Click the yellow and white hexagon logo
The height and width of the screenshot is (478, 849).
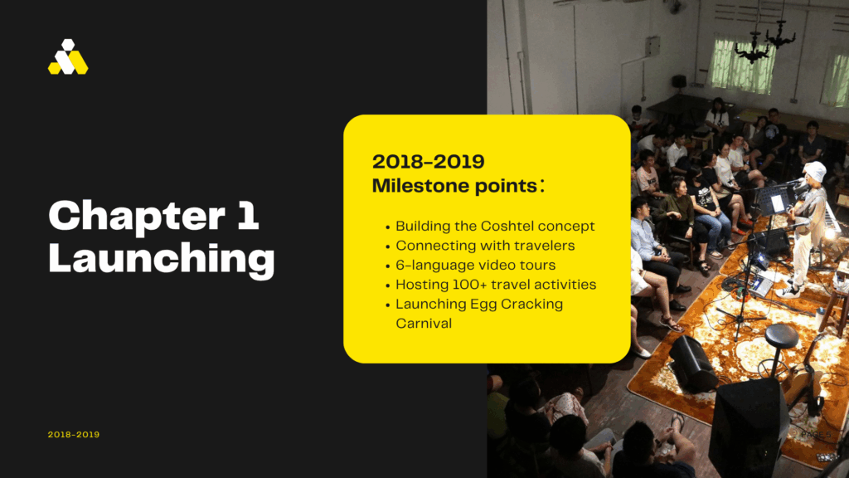pyautogui.click(x=68, y=57)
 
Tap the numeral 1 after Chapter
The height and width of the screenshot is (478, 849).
pyautogui.click(x=248, y=215)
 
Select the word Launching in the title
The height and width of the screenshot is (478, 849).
pyautogui.click(x=162, y=259)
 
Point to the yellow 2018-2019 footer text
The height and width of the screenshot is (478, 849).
pyautogui.click(x=74, y=435)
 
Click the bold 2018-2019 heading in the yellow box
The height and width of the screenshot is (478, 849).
pyautogui.click(x=429, y=162)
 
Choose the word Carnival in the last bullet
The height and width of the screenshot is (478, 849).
pyautogui.click(x=424, y=324)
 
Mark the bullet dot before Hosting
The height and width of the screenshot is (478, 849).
pyautogui.click(x=388, y=286)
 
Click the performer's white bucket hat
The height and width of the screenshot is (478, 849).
pyautogui.click(x=813, y=171)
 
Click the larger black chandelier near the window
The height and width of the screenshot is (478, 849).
pyautogui.click(x=752, y=47)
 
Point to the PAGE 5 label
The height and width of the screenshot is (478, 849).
pyautogui.click(x=816, y=435)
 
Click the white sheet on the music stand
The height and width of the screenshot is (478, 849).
pyautogui.click(x=778, y=203)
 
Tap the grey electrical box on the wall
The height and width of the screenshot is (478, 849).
pyautogui.click(x=653, y=46)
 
